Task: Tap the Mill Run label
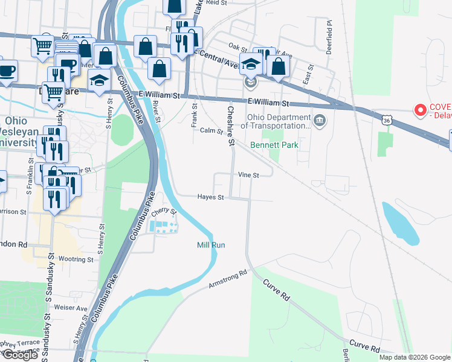(211, 245)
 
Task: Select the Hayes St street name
(211, 197)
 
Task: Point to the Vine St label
(248, 175)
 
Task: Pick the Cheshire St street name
(230, 126)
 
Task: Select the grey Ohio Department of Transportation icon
(319, 121)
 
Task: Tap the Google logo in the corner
(19, 355)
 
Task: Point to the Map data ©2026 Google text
(414, 357)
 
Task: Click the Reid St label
(216, 3)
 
